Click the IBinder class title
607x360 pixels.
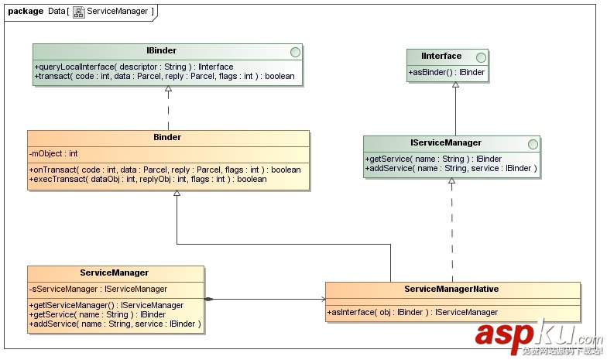click(161, 51)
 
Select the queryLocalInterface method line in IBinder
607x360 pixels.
click(133, 67)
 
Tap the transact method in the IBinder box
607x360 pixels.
click(164, 76)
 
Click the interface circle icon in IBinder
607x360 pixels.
click(293, 52)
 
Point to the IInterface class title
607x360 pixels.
click(442, 56)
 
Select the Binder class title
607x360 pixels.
click(168, 138)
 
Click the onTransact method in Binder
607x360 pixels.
click(164, 170)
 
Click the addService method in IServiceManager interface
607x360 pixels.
click(451, 168)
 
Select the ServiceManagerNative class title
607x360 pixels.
click(451, 289)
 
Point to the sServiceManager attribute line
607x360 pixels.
click(98, 289)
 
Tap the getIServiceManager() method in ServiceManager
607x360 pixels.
click(107, 305)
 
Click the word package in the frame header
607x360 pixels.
click(26, 11)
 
